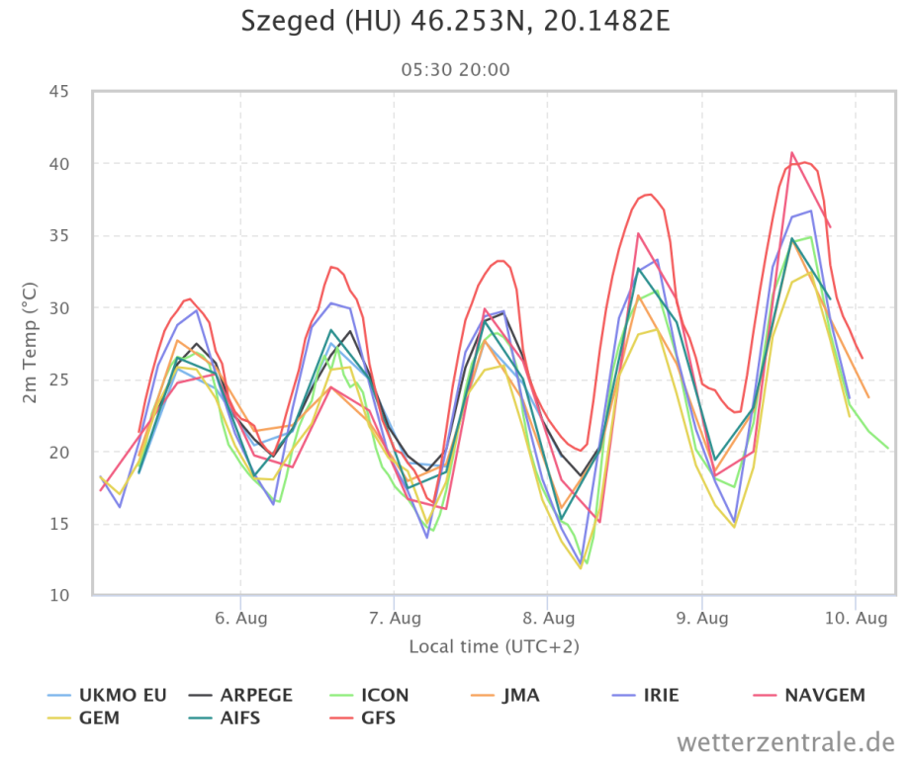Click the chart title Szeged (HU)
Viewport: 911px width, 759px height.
(x=455, y=21)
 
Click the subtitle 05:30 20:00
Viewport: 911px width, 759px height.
(x=455, y=70)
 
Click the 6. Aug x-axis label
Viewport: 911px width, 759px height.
(x=240, y=619)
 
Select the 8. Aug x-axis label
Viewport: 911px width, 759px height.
(x=548, y=619)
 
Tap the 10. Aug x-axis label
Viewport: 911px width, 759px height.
(x=857, y=619)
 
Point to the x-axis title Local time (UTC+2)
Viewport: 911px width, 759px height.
(x=494, y=646)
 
